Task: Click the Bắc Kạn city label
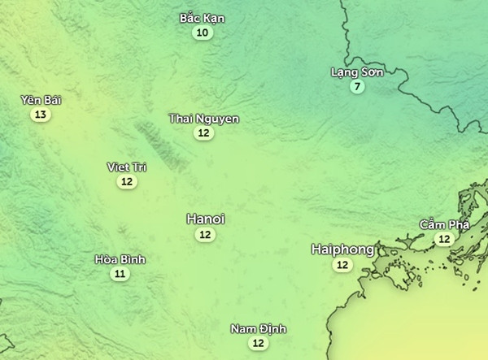pos(203,18)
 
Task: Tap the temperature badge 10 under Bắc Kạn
pos(203,33)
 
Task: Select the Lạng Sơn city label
pos(356,72)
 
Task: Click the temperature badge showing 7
pos(356,87)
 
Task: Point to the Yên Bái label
pos(41,100)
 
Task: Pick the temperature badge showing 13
pos(41,115)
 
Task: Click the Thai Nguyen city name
pos(204,119)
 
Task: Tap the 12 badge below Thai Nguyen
pos(204,133)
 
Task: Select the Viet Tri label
pos(127,167)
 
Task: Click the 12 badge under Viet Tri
pos(127,181)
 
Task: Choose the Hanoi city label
pos(205,219)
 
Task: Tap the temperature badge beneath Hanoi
pos(205,234)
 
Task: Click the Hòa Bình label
pos(120,259)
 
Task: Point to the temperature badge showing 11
pos(120,274)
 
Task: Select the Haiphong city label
pos(342,249)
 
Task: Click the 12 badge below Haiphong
pos(342,265)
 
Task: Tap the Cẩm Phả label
pos(444,224)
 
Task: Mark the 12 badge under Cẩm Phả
pos(444,239)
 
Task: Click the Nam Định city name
pos(259,328)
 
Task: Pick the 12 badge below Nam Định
pos(259,343)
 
